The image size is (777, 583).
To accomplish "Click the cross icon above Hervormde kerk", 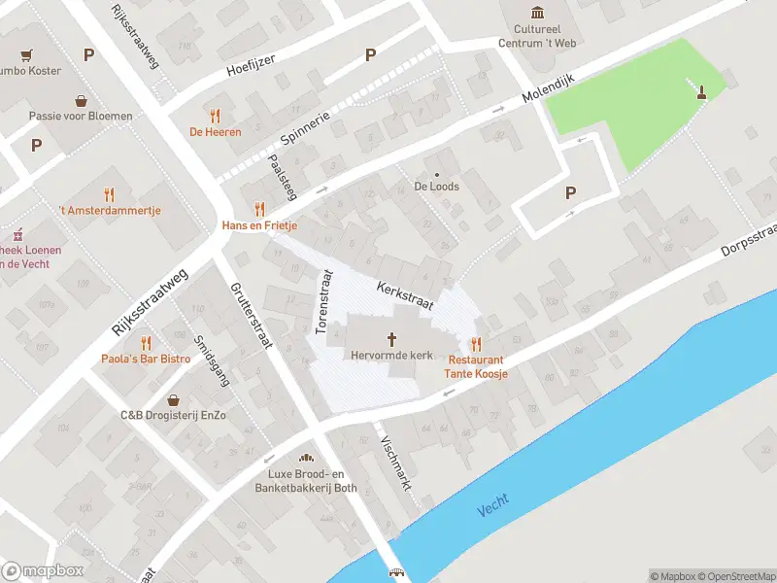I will (x=392, y=339).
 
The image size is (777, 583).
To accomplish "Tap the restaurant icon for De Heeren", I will (x=215, y=116).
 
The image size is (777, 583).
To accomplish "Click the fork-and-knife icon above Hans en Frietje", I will (x=258, y=208).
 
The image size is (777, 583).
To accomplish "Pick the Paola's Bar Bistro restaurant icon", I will (x=146, y=342).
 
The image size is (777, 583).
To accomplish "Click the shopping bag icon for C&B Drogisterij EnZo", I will (x=173, y=399).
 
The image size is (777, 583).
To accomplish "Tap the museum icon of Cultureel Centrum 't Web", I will (x=538, y=12).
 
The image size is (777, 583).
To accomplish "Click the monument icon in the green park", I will (x=700, y=92).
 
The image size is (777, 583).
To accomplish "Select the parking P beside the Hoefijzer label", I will (x=369, y=55).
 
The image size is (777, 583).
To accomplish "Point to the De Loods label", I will (x=436, y=186).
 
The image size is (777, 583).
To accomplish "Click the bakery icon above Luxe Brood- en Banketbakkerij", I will (x=306, y=458).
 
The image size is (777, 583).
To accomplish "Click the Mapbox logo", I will (x=43, y=571).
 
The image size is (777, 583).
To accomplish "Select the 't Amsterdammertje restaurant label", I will (x=110, y=210).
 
